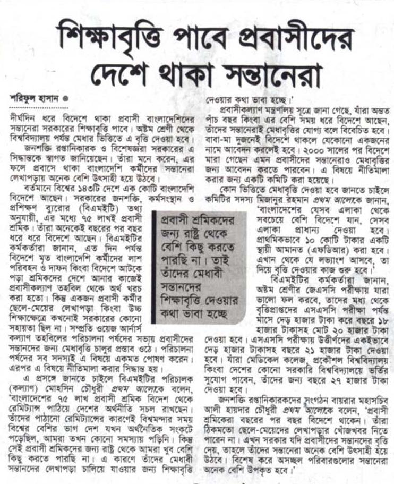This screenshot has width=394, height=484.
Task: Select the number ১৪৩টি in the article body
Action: click(83, 186)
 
